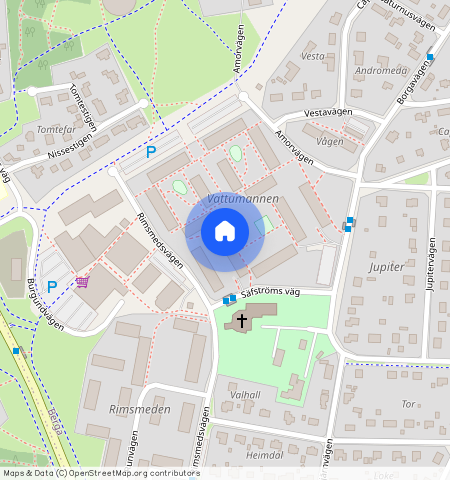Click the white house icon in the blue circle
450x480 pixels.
pyautogui.click(x=225, y=232)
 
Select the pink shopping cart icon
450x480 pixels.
pyautogui.click(x=82, y=282)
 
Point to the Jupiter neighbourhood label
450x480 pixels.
pyautogui.click(x=385, y=267)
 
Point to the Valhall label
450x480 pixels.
pyautogui.click(x=245, y=396)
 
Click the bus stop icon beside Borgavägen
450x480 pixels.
pyautogui.click(x=430, y=57)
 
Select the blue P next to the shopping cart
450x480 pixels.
pyautogui.click(x=52, y=286)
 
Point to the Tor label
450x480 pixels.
pyautogui.click(x=406, y=404)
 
